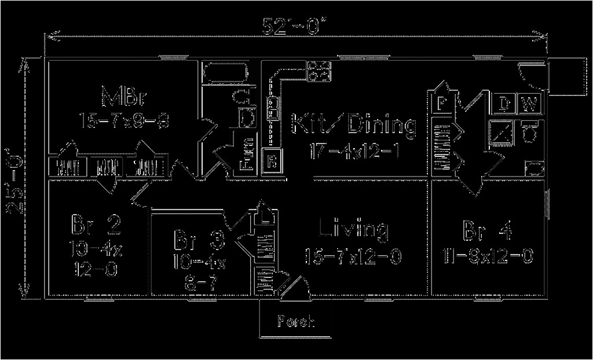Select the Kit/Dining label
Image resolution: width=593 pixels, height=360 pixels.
[353, 125]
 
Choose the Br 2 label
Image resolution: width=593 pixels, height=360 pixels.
[96, 224]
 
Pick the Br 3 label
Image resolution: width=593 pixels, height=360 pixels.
[199, 237]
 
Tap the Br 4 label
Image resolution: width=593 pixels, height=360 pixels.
[487, 230]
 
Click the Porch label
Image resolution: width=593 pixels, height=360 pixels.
[296, 321]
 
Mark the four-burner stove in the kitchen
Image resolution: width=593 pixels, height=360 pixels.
[319, 71]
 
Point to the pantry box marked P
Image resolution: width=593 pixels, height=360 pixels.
[442, 103]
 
